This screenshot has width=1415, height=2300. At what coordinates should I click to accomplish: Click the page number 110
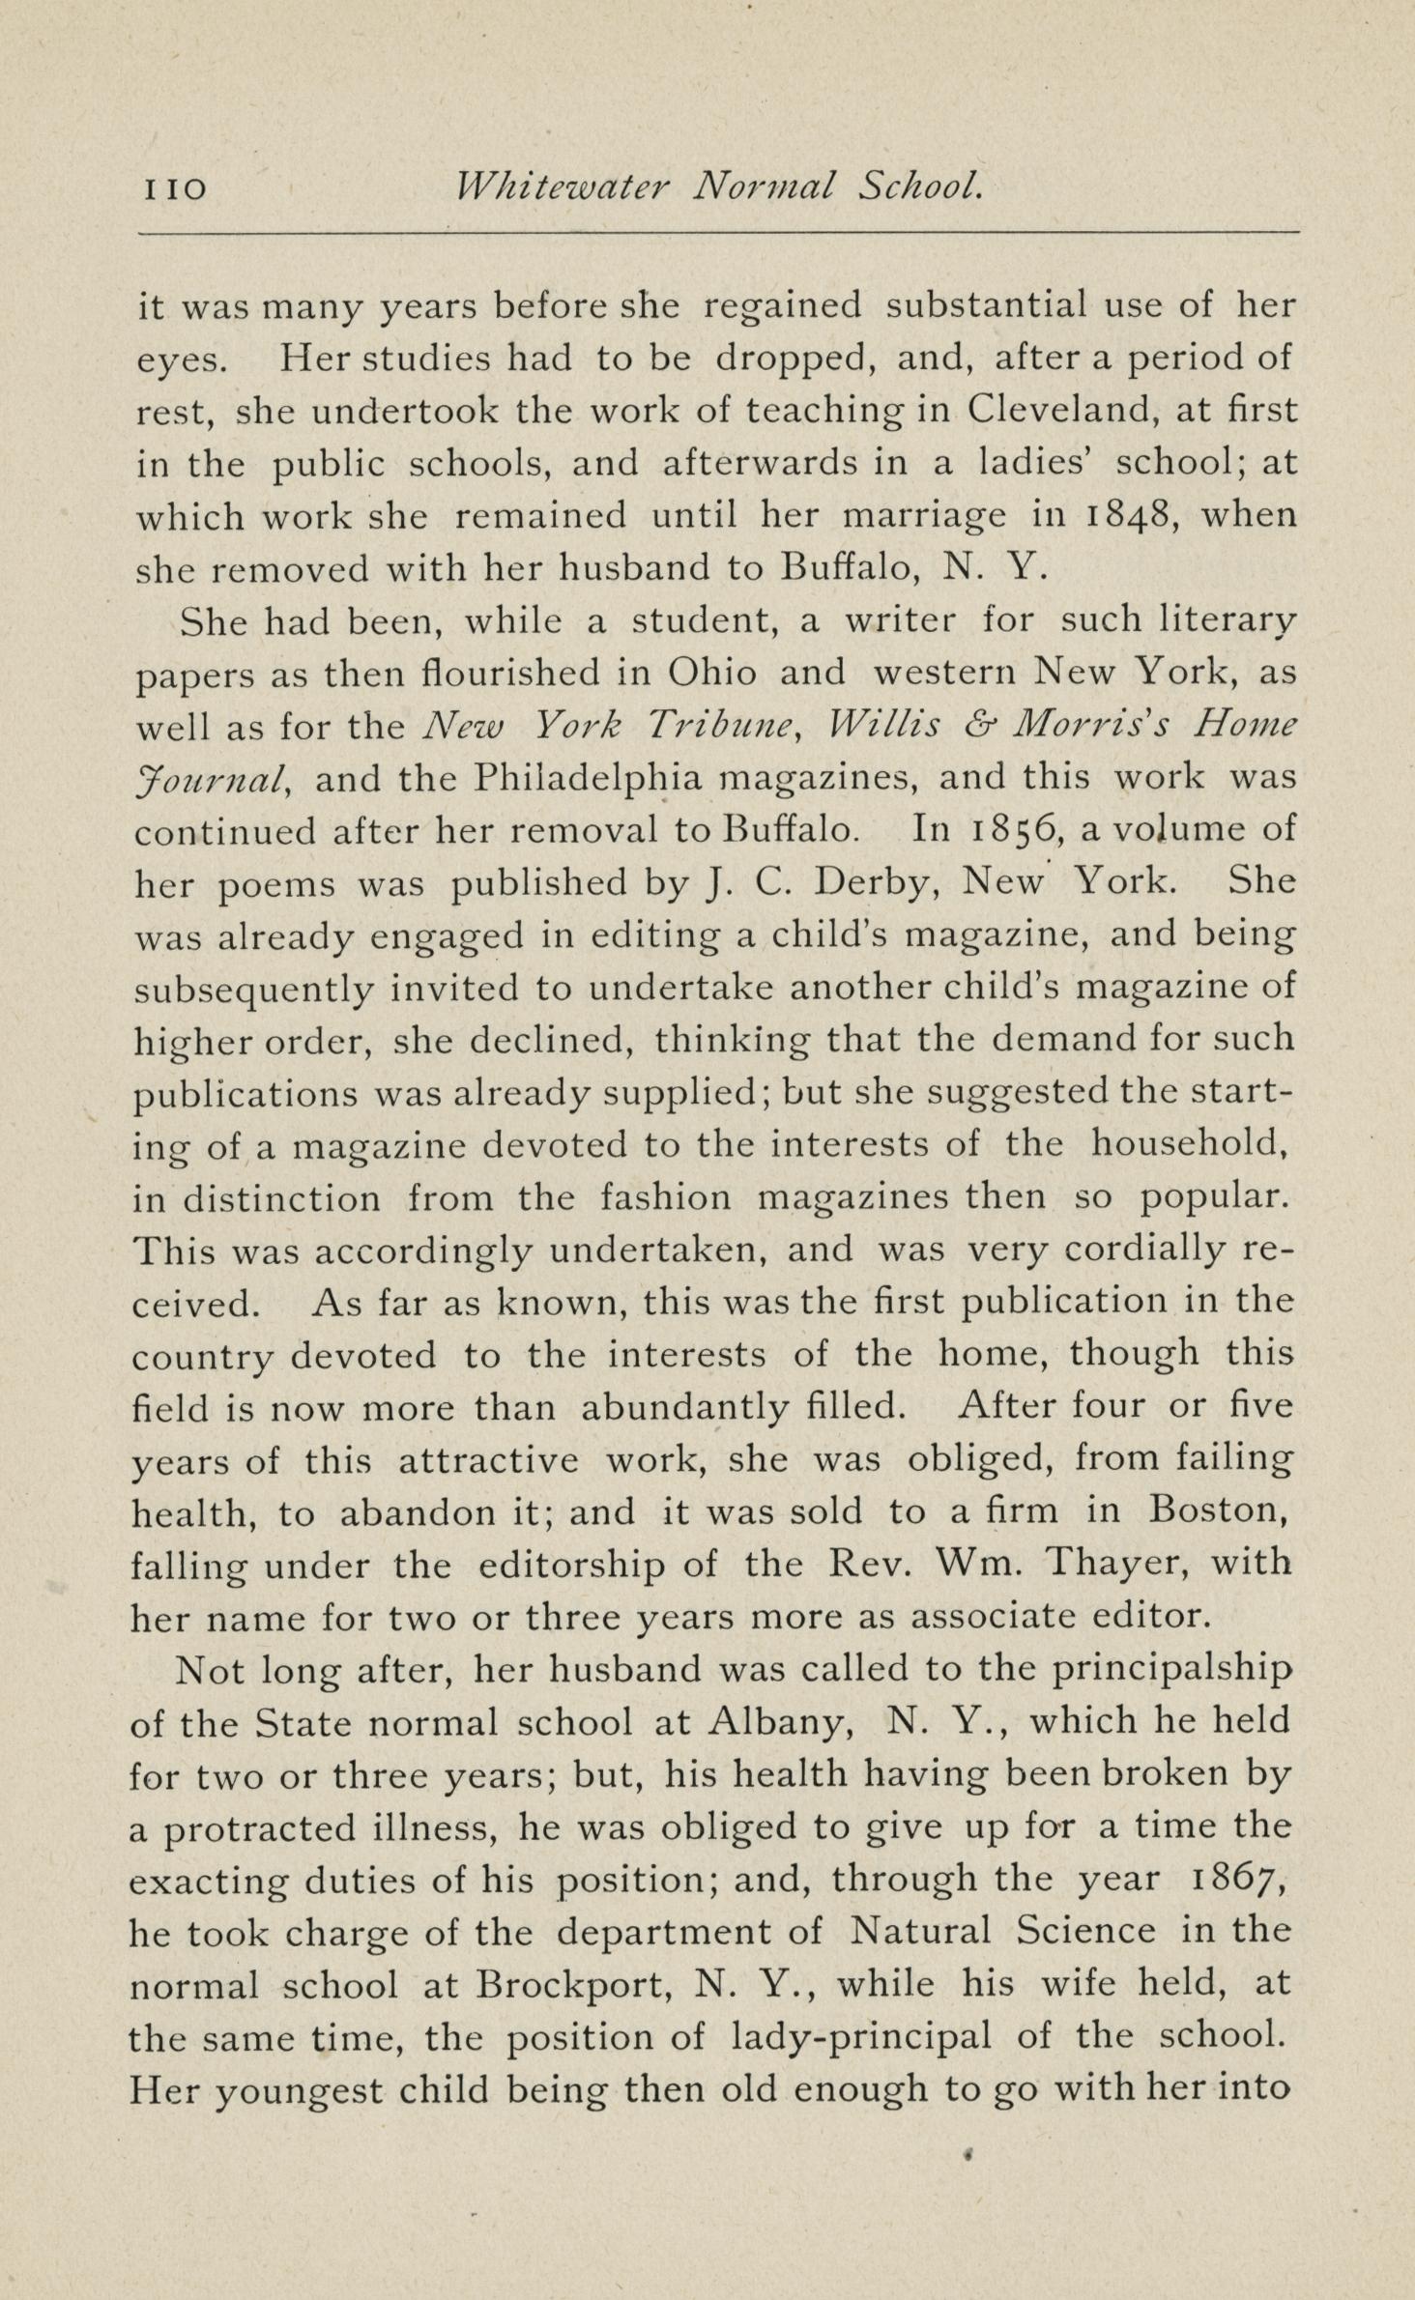pyautogui.click(x=175, y=188)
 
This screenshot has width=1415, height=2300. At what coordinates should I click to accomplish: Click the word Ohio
pyautogui.click(x=712, y=673)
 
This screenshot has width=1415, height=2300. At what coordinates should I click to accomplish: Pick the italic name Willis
pyautogui.click(x=882, y=725)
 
